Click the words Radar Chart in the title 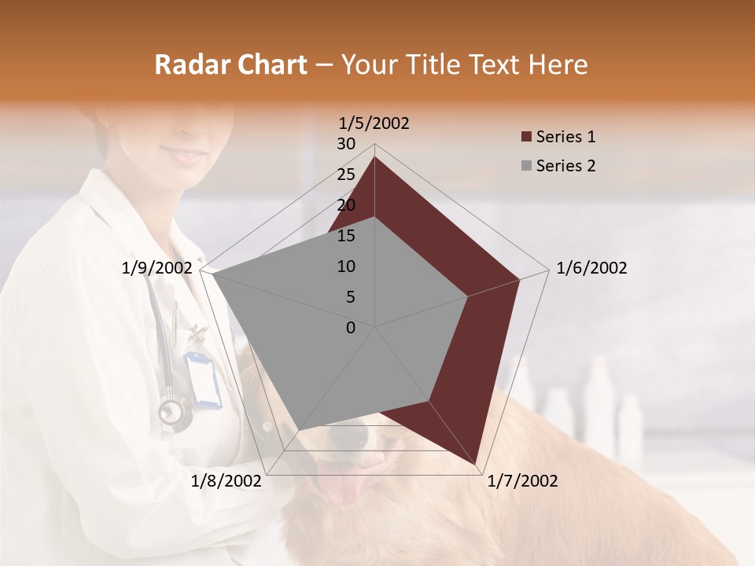[x=230, y=65]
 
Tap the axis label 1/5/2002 [x=374, y=123]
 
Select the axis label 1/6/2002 [x=591, y=268]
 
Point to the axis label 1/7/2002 [x=522, y=481]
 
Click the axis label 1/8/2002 [x=226, y=481]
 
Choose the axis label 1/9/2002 [x=157, y=268]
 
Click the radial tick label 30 [x=346, y=144]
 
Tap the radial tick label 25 [x=346, y=175]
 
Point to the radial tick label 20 [x=346, y=205]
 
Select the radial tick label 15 [x=346, y=236]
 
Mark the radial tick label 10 [x=346, y=266]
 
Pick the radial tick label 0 [x=351, y=328]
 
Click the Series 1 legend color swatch [x=526, y=138]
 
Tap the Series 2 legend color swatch [x=526, y=167]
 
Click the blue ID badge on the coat [x=203, y=379]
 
